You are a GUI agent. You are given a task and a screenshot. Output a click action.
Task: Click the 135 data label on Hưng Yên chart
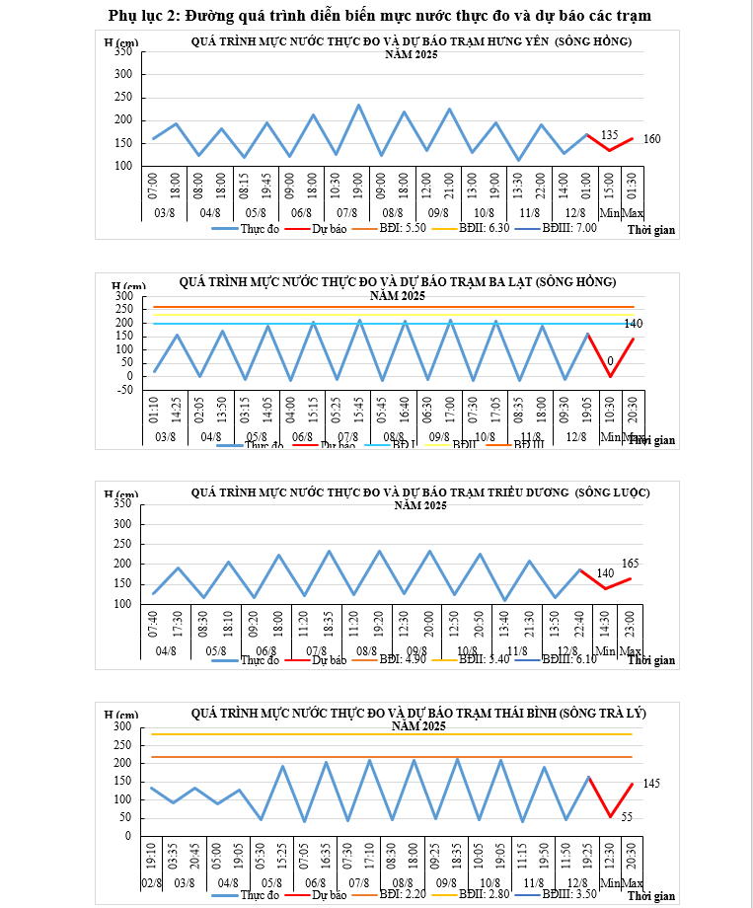[x=609, y=134]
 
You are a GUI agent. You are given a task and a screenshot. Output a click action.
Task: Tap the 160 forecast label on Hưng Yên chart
[x=651, y=139]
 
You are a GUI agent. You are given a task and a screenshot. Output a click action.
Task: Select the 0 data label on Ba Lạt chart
[x=610, y=361]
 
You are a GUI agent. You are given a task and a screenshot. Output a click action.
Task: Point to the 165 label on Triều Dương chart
[x=631, y=563]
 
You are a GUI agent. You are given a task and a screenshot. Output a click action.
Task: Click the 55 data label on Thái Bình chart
[x=628, y=816]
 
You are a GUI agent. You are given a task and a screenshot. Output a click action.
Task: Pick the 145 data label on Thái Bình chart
[x=651, y=784]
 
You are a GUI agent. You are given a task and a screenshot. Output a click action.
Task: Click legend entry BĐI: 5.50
[x=402, y=227]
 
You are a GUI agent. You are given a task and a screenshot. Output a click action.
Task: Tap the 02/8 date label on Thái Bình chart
[x=153, y=880]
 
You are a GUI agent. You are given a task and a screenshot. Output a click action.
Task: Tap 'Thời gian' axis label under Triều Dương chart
[x=651, y=660]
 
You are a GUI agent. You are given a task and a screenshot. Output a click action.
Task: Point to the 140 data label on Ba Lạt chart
[x=634, y=324]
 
